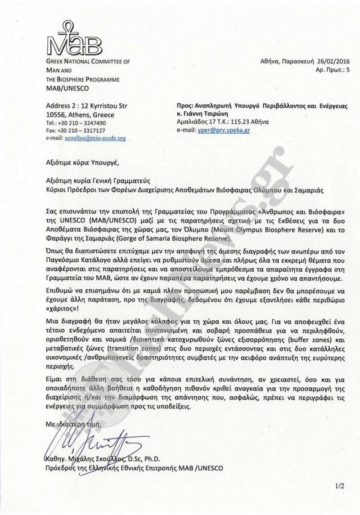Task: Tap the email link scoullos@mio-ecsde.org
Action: (x=102, y=139)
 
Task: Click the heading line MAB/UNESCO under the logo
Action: (x=67, y=88)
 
